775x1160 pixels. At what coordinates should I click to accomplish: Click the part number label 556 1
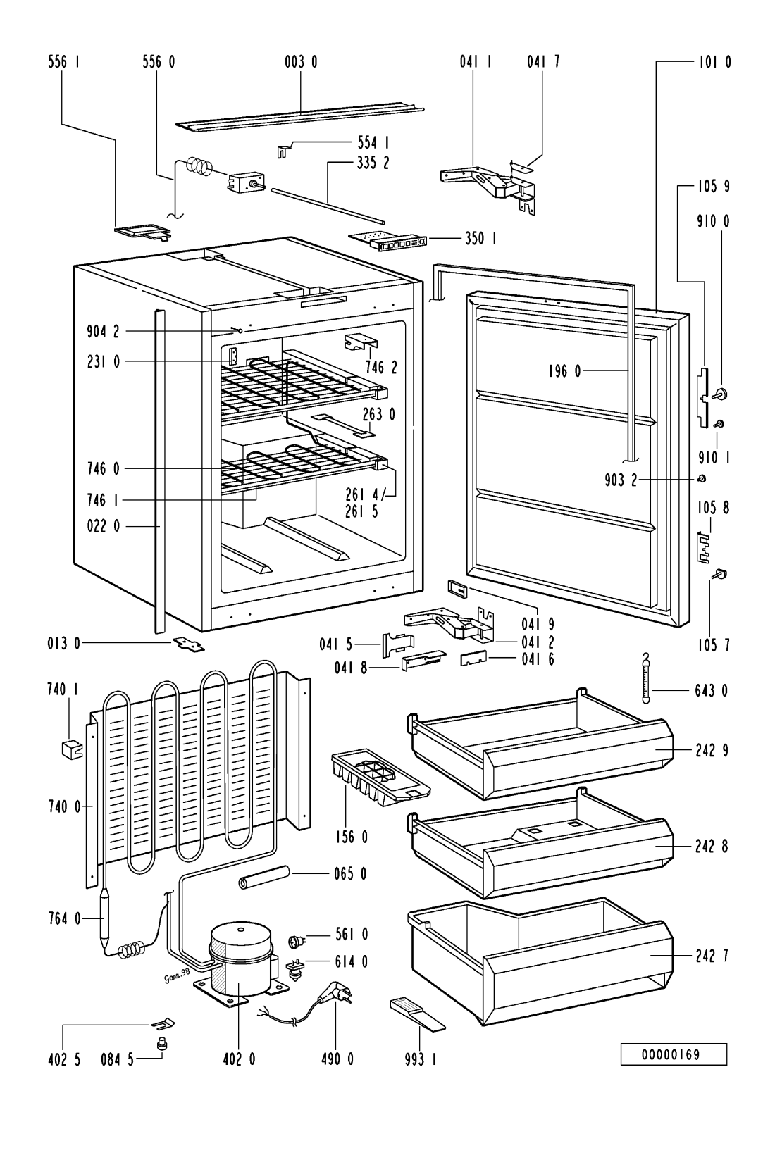tap(63, 63)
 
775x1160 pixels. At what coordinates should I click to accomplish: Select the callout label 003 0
tap(301, 63)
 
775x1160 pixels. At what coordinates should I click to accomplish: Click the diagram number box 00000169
tap(673, 1054)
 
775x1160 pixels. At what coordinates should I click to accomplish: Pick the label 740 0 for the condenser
tap(63, 806)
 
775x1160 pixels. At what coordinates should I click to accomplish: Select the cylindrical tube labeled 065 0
tap(264, 880)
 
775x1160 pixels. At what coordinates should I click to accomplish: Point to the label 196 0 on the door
tap(562, 370)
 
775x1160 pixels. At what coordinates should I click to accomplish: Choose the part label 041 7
tap(543, 63)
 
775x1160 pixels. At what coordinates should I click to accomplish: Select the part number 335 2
tap(373, 163)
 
